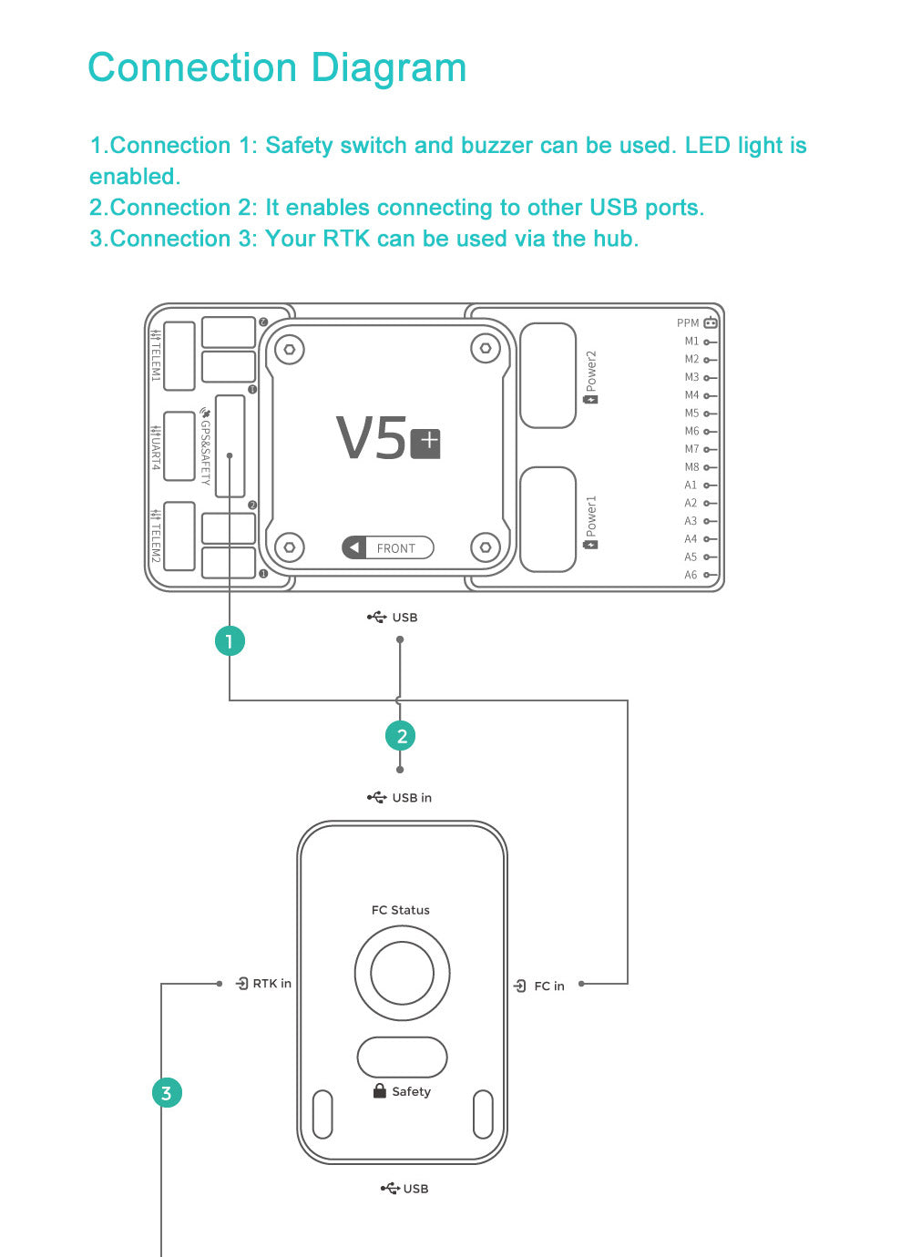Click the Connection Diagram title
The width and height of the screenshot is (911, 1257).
(277, 68)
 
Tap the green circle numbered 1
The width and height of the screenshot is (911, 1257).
(230, 641)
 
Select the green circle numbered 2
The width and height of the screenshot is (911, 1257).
(401, 736)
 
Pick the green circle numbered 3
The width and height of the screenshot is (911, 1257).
(167, 1092)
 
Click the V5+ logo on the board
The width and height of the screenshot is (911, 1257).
(388, 440)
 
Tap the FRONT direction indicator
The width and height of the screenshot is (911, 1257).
(388, 547)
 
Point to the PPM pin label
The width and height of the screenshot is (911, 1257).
(689, 323)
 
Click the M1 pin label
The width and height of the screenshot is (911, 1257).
(692, 342)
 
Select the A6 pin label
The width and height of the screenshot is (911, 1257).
(691, 575)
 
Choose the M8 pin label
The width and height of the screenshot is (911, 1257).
(692, 467)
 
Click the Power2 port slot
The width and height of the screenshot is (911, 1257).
(548, 375)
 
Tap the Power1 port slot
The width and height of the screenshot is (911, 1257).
(548, 519)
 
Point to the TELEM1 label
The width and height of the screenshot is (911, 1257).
(156, 355)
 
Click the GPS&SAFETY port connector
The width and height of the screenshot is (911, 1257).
(230, 446)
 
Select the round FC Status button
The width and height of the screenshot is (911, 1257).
(402, 973)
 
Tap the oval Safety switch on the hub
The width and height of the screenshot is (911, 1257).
(402, 1058)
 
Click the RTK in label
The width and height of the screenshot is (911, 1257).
(271, 984)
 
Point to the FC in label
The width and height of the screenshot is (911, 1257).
(548, 986)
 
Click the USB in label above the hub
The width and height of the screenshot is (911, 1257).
(411, 798)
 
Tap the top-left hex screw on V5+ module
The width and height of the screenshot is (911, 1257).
(290, 349)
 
